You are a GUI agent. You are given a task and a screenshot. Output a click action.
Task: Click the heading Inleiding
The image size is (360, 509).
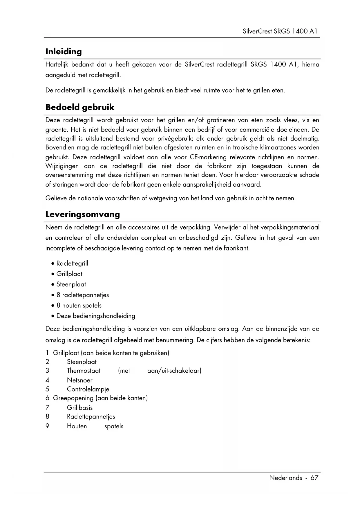(64, 52)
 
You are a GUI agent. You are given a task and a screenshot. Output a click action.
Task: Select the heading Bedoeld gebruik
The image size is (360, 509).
(80, 107)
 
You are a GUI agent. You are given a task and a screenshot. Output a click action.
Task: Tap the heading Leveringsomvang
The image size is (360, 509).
(83, 214)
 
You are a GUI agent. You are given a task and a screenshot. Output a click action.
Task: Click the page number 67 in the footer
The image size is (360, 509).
(314, 478)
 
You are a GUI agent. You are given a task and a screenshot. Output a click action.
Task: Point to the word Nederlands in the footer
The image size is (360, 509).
(285, 478)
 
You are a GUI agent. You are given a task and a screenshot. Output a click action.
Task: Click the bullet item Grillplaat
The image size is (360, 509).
(69, 274)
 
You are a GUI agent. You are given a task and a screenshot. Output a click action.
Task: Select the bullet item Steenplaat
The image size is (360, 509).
(71, 284)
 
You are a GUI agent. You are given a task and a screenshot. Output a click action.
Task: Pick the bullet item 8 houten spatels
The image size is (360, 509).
(79, 305)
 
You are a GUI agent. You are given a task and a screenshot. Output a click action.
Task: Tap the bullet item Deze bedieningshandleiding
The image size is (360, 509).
(96, 316)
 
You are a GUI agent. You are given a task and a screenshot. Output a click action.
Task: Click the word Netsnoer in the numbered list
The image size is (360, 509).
(79, 380)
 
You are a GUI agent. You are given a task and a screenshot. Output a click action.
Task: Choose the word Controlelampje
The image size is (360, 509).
(88, 389)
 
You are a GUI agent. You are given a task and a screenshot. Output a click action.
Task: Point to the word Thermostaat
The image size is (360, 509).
(84, 371)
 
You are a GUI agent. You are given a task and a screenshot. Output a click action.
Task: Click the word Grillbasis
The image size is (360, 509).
(80, 407)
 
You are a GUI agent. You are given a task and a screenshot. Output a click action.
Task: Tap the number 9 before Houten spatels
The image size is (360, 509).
(48, 426)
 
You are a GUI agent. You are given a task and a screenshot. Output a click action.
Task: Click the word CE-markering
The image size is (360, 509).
(208, 157)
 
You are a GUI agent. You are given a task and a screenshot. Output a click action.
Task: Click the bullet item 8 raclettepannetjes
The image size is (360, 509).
(82, 295)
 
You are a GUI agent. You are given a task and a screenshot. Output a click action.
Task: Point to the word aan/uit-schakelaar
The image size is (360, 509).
(174, 371)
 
